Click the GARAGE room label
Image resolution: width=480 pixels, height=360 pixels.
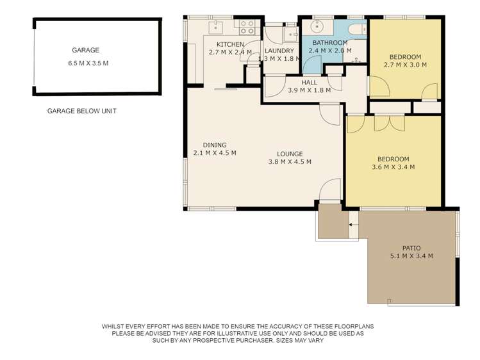85,50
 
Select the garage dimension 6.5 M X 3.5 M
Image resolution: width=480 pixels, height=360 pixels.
88,63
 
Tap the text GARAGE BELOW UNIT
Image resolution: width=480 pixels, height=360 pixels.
82,111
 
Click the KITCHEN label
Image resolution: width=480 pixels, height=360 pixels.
230,45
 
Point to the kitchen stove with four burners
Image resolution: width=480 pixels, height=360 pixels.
247,27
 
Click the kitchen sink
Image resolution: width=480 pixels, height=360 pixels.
216,27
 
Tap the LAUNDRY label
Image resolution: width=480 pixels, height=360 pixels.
279,51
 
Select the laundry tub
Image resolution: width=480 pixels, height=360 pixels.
290,35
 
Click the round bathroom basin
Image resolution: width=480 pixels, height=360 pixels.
317,26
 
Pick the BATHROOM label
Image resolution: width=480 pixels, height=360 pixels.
330,43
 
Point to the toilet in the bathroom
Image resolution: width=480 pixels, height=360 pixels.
357,29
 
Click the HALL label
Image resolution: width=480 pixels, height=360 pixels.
309,83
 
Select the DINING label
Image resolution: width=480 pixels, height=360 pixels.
215,145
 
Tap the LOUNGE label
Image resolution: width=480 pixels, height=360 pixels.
290,154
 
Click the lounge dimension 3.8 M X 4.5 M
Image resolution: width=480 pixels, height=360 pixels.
290,162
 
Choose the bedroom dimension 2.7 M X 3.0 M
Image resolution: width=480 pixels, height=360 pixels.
405,65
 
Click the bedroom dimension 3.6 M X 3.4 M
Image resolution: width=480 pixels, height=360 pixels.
393,167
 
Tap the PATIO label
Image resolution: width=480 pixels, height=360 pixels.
411,248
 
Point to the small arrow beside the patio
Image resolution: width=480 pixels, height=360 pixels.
351,225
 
